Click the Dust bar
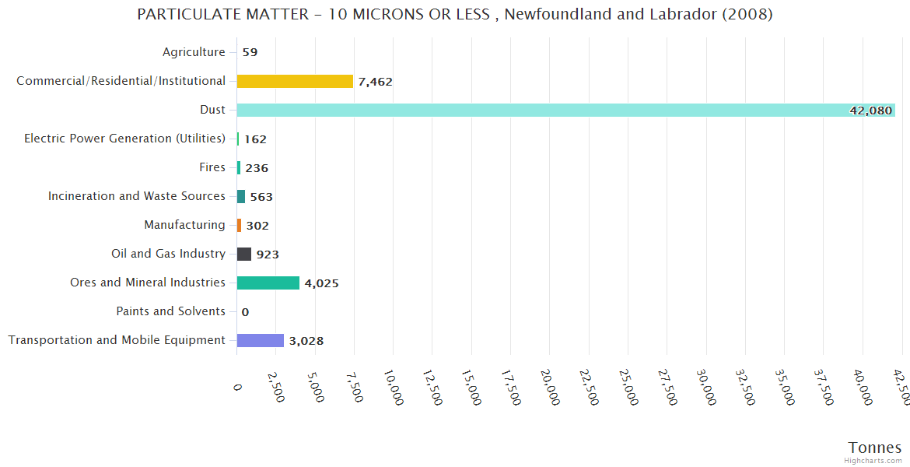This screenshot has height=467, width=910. [x=565, y=110]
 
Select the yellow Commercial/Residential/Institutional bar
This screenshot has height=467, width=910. [x=295, y=81]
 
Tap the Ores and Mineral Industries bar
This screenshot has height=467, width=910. [x=268, y=283]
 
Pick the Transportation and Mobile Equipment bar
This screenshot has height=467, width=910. [x=260, y=340]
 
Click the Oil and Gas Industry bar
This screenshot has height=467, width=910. [x=244, y=254]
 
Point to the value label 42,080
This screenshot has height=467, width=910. [x=870, y=111]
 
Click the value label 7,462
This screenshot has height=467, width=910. [x=376, y=82]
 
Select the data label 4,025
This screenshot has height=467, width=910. [x=321, y=283]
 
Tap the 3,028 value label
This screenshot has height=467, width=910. [x=306, y=341]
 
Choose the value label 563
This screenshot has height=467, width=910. [x=261, y=197]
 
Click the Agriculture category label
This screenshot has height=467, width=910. [x=194, y=52]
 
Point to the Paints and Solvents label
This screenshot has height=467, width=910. [x=170, y=311]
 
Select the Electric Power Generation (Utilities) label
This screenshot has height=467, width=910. [x=124, y=139]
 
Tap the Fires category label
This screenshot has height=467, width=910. [x=212, y=167]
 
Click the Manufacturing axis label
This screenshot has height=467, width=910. [x=184, y=225]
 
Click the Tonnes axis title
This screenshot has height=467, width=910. [x=874, y=448]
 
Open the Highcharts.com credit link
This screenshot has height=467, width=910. [x=873, y=461]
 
